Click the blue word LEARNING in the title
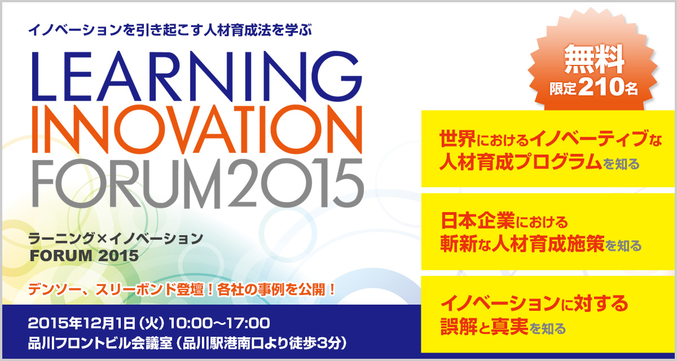(197, 76)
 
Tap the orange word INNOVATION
(197, 129)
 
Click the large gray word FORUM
(129, 183)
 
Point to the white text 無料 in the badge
(594, 59)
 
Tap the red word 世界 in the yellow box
(457, 139)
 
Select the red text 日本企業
(477, 221)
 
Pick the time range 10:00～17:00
(219, 323)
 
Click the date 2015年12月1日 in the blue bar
(81, 323)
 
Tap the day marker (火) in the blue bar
(152, 323)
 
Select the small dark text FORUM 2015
(84, 256)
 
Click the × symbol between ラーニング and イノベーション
(103, 239)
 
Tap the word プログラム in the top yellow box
(558, 162)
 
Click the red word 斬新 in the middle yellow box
(459, 244)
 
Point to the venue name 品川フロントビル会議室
(100, 344)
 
